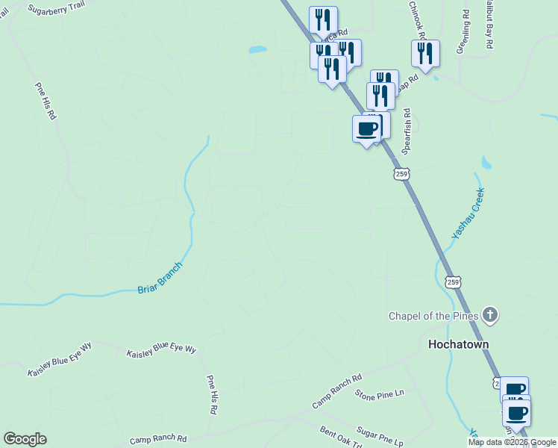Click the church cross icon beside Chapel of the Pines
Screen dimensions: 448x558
tap(489, 314)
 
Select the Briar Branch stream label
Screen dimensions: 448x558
tap(160, 278)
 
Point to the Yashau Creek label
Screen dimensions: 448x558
tap(468, 214)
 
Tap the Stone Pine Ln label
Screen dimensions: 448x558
tap(379, 393)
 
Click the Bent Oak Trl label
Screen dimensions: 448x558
tap(341, 437)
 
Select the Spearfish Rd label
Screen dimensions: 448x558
tap(407, 131)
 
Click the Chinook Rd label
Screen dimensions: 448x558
tap(417, 19)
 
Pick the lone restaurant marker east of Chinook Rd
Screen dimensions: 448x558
tap(425, 53)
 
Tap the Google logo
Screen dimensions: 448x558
tap(25, 439)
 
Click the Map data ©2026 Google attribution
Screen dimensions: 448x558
tap(512, 442)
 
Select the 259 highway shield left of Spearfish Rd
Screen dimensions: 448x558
tap(401, 173)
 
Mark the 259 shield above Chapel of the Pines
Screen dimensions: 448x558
tap(452, 281)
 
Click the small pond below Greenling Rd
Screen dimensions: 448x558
tap(486, 162)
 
